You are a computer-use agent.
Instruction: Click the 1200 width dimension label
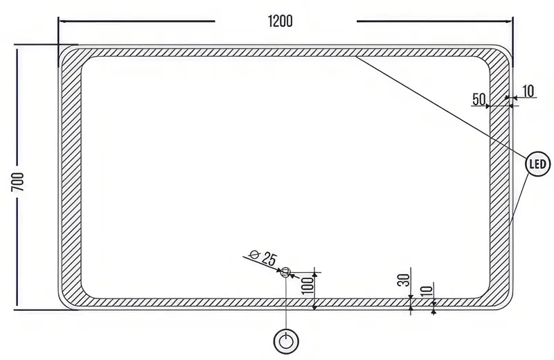pos(280,21)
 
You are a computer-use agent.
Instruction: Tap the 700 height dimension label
pos(18,182)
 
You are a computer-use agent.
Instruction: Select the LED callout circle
pos(538,164)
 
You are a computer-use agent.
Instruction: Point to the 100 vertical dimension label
pos(308,285)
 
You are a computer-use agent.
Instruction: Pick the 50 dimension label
pos(479,99)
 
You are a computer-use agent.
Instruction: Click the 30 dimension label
pos(405,280)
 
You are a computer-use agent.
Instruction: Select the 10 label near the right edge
pos(528,91)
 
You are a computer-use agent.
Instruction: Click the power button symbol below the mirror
pos(286,341)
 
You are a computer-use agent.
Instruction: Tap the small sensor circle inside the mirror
pos(285,272)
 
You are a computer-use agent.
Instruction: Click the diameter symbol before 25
pos(254,254)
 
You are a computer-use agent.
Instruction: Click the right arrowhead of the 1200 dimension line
pos(510,21)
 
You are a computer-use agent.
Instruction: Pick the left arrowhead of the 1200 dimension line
pos(62,21)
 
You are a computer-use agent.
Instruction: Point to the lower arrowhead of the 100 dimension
pos(315,307)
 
